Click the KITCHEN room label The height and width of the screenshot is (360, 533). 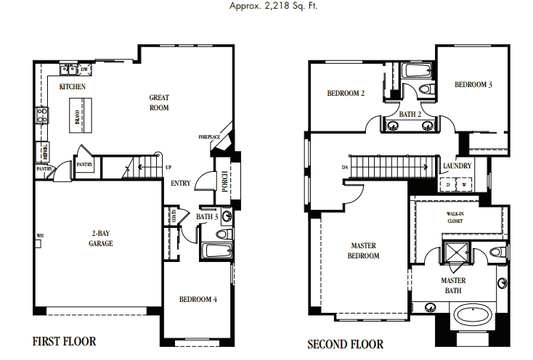click(73, 87)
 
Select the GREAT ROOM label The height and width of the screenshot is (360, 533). click(159, 102)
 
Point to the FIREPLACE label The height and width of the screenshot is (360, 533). click(209, 137)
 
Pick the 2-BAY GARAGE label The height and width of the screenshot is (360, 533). click(101, 239)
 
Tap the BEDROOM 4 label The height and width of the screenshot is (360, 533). click(198, 299)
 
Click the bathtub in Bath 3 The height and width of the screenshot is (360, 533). click(215, 252)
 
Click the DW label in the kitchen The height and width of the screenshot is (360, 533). click(85, 70)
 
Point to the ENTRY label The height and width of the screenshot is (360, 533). click(180, 184)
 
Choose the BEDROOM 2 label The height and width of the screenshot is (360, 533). click(345, 93)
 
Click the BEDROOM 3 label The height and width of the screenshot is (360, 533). click(473, 85)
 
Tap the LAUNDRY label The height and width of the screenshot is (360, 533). click(457, 166)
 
